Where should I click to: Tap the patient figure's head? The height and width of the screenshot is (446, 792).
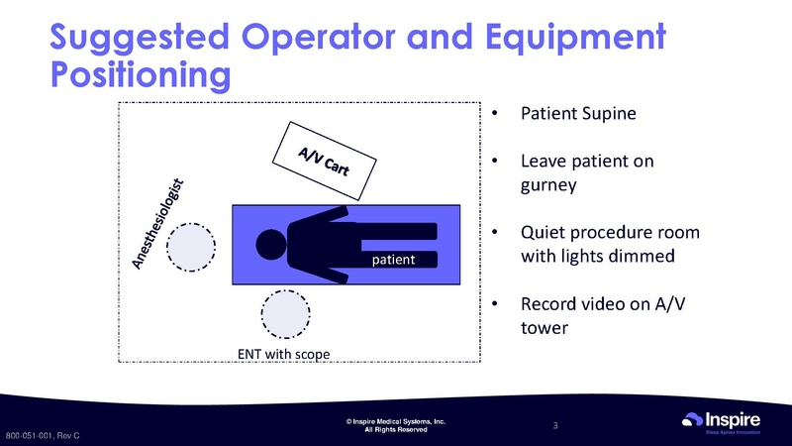(x=270, y=243)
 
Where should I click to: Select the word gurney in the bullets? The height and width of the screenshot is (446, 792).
(x=551, y=185)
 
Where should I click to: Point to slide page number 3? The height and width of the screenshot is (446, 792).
(x=556, y=426)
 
